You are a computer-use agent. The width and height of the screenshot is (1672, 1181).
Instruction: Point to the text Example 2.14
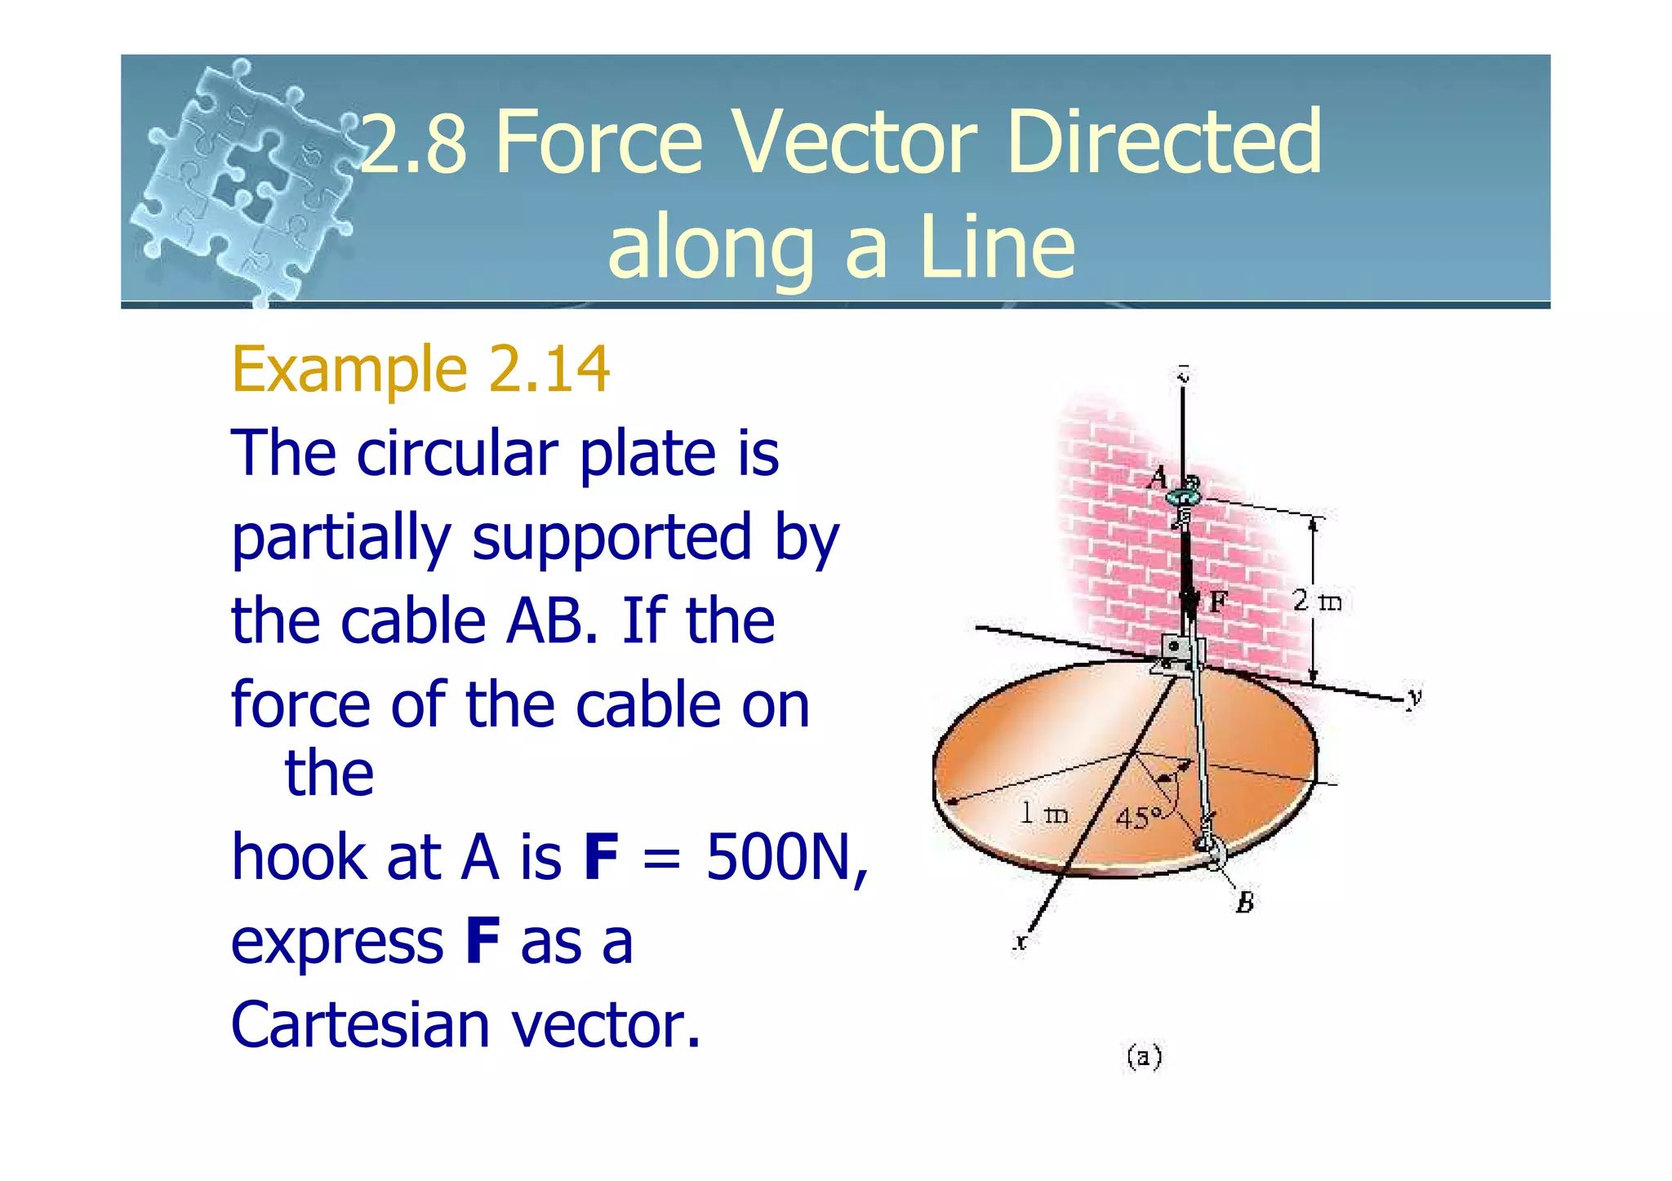(x=420, y=369)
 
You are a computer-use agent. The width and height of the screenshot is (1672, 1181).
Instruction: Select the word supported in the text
(x=611, y=537)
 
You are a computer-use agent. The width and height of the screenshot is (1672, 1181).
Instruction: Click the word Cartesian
(x=358, y=1025)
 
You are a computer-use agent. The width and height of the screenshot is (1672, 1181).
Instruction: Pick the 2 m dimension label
(x=1317, y=602)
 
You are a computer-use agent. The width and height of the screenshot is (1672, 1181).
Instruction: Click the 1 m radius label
(x=1044, y=813)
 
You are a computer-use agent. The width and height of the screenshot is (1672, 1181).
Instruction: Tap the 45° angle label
(x=1138, y=817)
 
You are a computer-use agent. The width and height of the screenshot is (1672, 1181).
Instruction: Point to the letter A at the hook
(x=1158, y=477)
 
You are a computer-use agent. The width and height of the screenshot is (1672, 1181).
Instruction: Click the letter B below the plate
(x=1244, y=903)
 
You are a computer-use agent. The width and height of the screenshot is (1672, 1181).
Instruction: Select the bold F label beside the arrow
(x=1217, y=602)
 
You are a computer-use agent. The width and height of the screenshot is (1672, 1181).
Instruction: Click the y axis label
(x=1414, y=697)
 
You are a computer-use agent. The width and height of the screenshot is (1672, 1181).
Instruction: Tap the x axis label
(x=1021, y=942)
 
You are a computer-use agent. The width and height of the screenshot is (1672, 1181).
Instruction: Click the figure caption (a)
(x=1144, y=1058)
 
